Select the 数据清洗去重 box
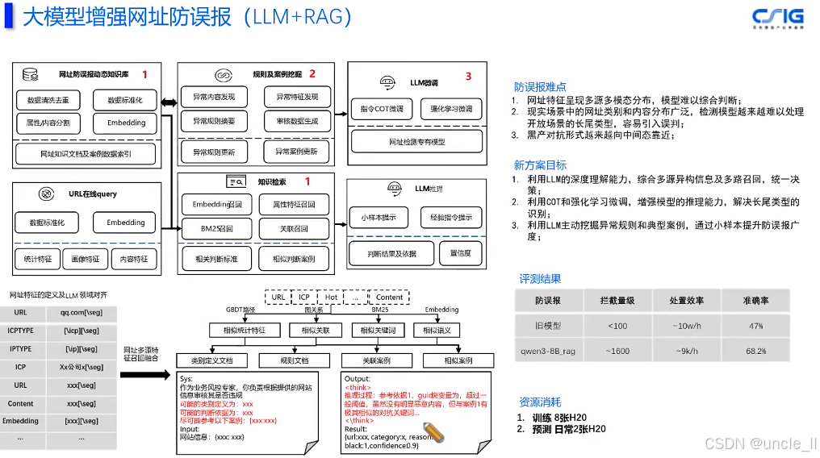coord(48,101)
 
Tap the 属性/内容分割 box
coord(48,123)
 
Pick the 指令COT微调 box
coord(382,108)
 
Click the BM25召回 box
coord(216,229)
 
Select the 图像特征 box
coord(86,259)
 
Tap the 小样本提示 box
coord(378,216)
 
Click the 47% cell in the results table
coord(756,327)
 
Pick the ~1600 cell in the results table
coord(618,352)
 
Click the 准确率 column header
coord(755,301)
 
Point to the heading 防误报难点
coord(540,86)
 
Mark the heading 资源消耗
coord(539,402)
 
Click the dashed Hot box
coord(332,298)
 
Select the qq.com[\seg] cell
coord(81,312)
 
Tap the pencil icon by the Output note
coord(434,429)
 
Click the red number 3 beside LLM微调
coord(468,77)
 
